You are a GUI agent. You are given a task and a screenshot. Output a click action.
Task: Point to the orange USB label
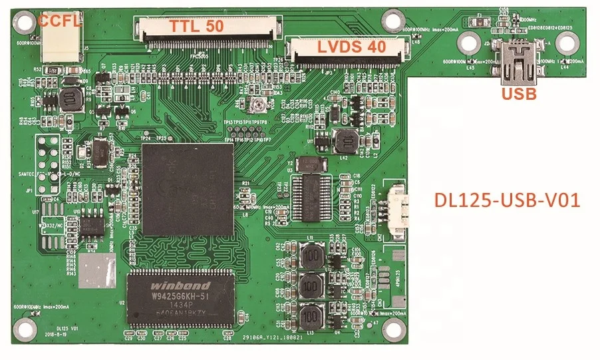pyautogui.click(x=519, y=94)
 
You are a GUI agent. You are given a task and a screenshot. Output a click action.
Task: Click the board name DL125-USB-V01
pyautogui.click(x=506, y=200)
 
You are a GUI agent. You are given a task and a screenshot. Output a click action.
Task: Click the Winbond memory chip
pyautogui.click(x=180, y=298)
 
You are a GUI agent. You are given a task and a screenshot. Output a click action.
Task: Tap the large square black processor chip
pyautogui.click(x=188, y=189)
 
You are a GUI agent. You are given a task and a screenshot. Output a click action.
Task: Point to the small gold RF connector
pyautogui.click(x=254, y=104)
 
